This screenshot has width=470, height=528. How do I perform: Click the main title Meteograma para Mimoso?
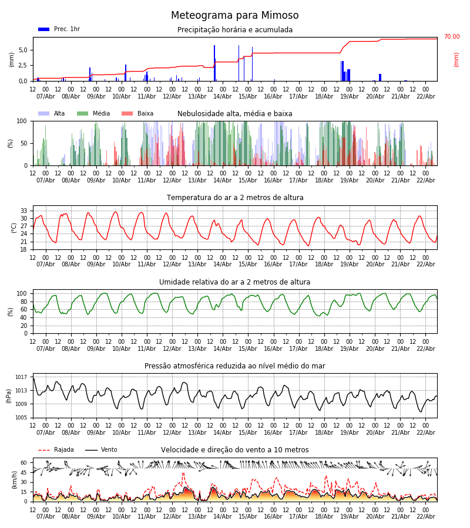point(234,16)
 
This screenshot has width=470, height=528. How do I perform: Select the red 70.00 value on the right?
point(451,37)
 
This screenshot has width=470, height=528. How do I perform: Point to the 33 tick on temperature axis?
point(23,211)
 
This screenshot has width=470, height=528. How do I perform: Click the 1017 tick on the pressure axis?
point(21,377)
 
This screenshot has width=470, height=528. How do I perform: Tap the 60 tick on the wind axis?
point(23,462)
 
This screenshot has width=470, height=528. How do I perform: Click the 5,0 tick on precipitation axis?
point(23,50)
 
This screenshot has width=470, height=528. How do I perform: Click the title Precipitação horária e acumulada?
point(235,30)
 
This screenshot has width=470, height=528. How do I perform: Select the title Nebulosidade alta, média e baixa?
point(234,114)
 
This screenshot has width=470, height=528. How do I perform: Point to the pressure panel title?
point(234,366)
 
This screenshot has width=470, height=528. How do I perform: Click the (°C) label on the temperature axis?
point(14,228)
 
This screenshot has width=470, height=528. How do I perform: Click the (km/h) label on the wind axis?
point(14,479)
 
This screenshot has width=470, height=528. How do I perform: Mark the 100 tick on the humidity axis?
point(22,293)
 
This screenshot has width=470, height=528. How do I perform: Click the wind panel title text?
point(234,450)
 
